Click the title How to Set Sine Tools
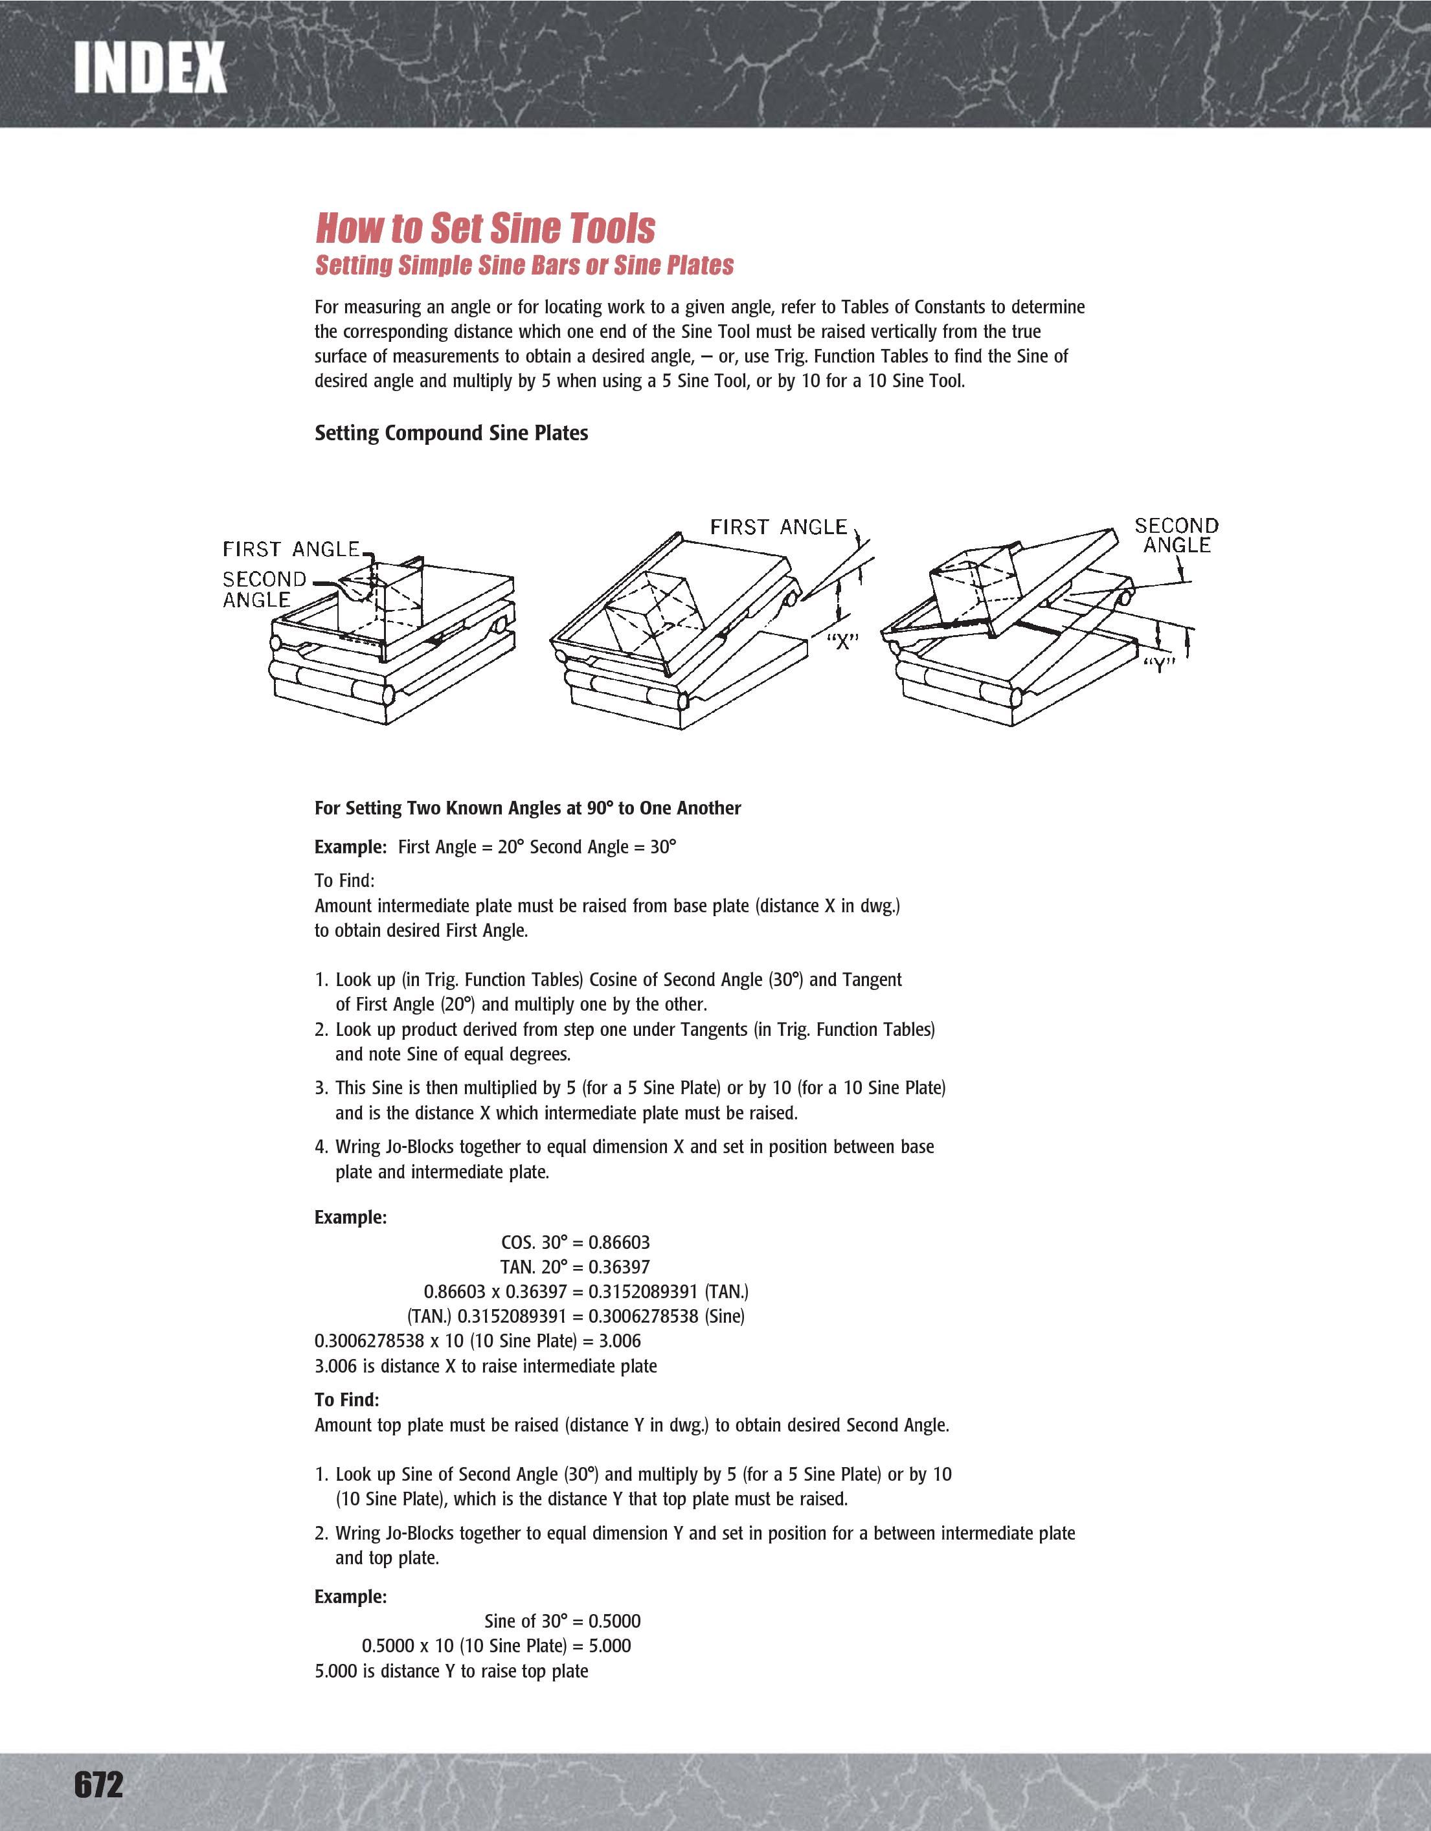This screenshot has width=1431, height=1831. tap(484, 228)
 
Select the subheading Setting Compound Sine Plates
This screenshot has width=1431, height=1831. tap(451, 433)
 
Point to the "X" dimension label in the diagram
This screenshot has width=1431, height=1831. tap(842, 642)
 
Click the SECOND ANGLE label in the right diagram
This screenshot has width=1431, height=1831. tap(1175, 535)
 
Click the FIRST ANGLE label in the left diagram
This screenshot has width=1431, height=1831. tap(290, 549)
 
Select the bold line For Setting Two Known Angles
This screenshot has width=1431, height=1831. tap(527, 808)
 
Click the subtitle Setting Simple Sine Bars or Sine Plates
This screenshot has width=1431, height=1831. tap(524, 265)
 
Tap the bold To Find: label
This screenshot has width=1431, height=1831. tap(347, 1400)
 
